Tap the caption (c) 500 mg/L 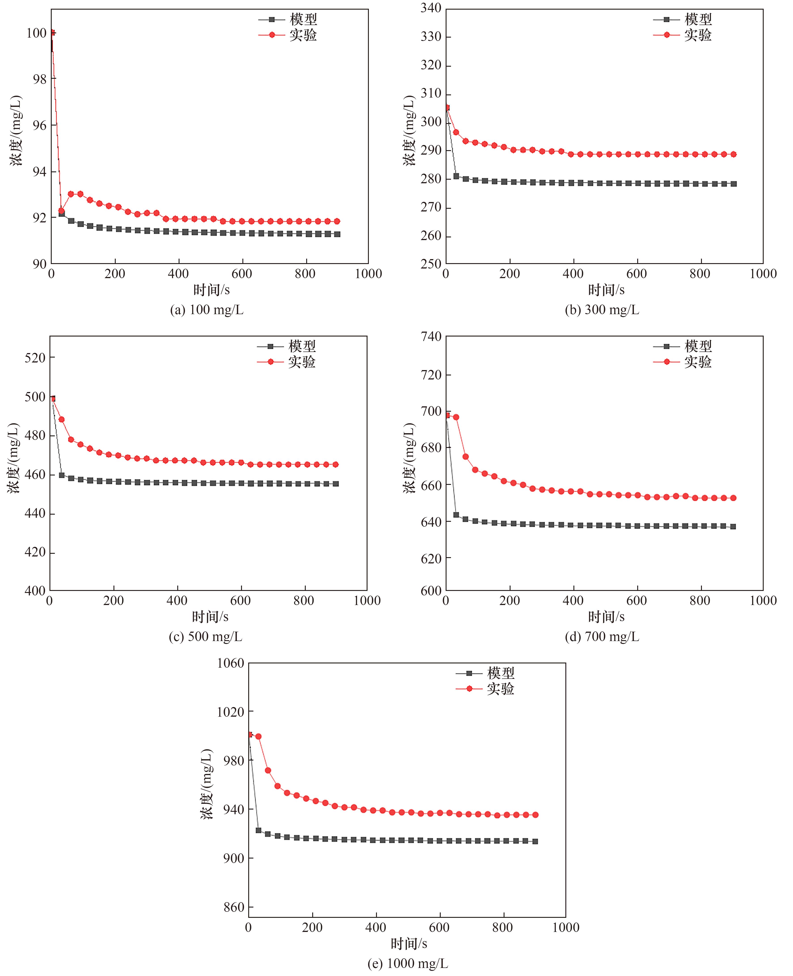click(205, 637)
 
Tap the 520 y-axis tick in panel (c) click(35, 358)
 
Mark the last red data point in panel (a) click(337, 222)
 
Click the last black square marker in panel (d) click(733, 526)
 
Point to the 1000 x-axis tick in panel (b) click(763, 274)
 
